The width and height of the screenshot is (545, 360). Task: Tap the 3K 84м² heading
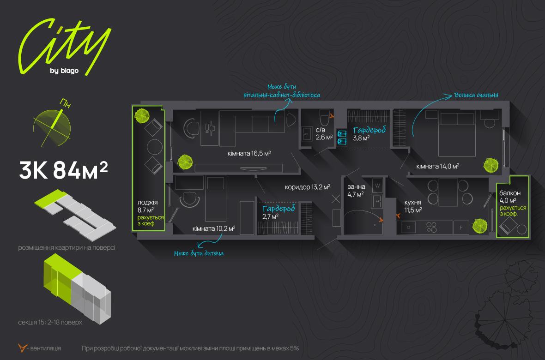pos(64,171)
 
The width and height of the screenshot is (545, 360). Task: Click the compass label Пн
pos(66,103)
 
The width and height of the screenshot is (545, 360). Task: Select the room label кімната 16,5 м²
pos(249,153)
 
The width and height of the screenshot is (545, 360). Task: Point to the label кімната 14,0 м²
pos(437,166)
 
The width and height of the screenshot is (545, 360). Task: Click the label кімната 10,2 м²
pos(214,228)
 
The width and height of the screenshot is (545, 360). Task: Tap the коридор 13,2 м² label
pos(308,187)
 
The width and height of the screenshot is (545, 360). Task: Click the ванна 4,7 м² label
pos(356,190)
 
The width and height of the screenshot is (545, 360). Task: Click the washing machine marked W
pos(378,186)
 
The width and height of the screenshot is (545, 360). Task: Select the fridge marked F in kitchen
pos(460,227)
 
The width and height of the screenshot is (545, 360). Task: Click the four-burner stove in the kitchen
pos(432,227)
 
